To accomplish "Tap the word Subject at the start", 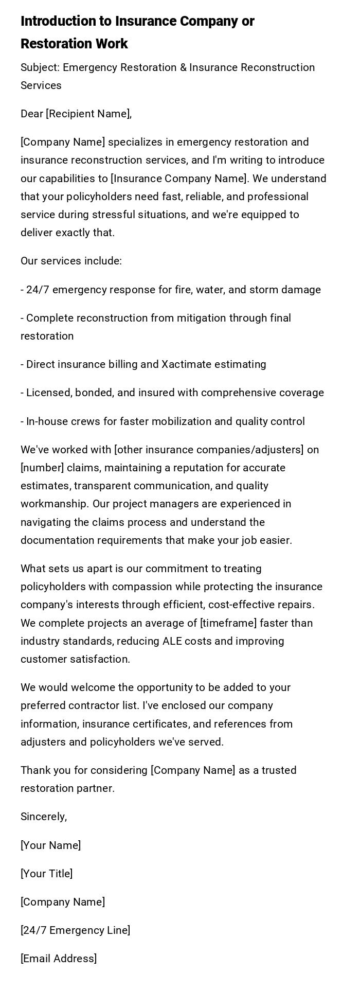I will click(x=39, y=67).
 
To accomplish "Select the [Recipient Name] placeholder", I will click(x=88, y=114).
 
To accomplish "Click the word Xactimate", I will click(x=187, y=364).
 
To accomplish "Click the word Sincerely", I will click(x=43, y=817).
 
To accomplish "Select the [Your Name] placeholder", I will click(x=50, y=845).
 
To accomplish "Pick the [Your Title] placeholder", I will click(x=46, y=874).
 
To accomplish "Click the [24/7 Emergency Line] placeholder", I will click(x=75, y=930).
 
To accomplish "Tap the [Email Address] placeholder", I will click(x=59, y=959).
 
